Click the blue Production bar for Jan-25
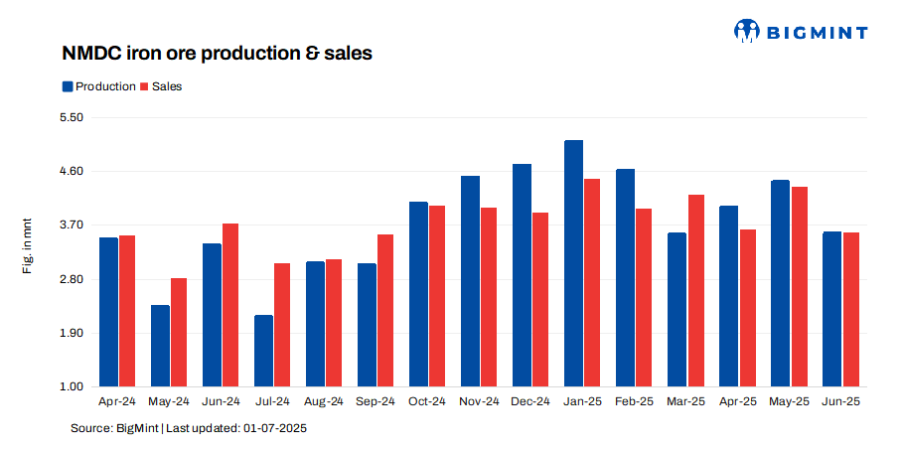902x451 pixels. pyautogui.click(x=573, y=263)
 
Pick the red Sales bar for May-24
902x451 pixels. pyautogui.click(x=179, y=332)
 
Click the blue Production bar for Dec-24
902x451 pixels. pyautogui.click(x=522, y=275)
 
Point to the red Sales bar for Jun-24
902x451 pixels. pyautogui.click(x=230, y=305)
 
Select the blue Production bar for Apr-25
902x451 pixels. pyautogui.click(x=728, y=296)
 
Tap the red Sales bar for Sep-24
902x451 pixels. pyautogui.click(x=385, y=310)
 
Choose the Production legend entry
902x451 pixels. pyautogui.click(x=98, y=86)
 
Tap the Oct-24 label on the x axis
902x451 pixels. pyautogui.click(x=427, y=401)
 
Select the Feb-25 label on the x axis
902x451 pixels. pyautogui.click(x=634, y=401)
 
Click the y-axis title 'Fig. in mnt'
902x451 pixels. pyautogui.click(x=29, y=250)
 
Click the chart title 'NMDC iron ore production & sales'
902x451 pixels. pyautogui.click(x=218, y=54)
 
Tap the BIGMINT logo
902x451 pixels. pyautogui.click(x=800, y=31)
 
